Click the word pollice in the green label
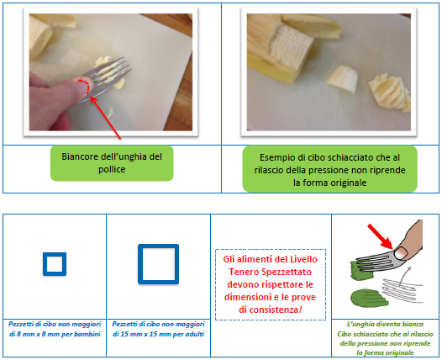[112, 169]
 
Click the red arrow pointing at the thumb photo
[105, 118]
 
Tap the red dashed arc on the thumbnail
[87, 85]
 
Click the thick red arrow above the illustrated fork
[381, 236]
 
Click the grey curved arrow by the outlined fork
[404, 275]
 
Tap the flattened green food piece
[369, 298]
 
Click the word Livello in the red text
[303, 259]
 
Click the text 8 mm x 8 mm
[37, 334]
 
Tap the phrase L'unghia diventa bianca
[385, 324]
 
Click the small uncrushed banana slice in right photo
[342, 79]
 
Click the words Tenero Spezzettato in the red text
[270, 272]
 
